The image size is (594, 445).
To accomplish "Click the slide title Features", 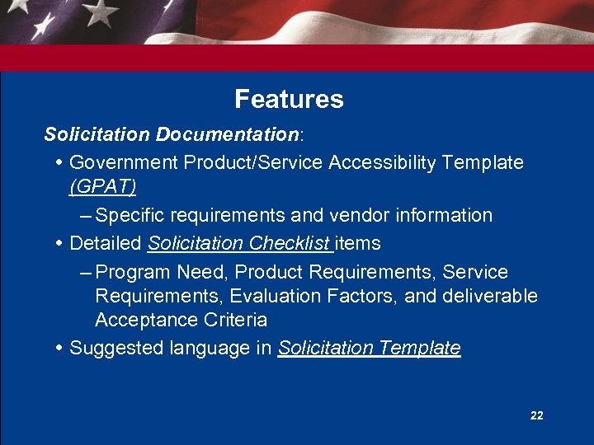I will [x=289, y=100].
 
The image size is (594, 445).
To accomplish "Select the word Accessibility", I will [x=382, y=162].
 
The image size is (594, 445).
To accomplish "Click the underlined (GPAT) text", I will [x=103, y=187].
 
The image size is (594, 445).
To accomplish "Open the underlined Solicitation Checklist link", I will [x=239, y=243].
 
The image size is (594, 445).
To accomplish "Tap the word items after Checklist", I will [x=357, y=243].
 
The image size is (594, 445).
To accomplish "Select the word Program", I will [x=130, y=272].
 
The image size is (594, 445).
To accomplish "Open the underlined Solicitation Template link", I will [x=369, y=348].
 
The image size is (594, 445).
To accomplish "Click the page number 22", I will [x=536, y=416].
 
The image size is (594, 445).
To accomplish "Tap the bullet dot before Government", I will [x=62, y=162].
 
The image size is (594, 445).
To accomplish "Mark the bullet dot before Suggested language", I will [x=62, y=348].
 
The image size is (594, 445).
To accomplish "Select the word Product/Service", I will [x=253, y=162].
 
